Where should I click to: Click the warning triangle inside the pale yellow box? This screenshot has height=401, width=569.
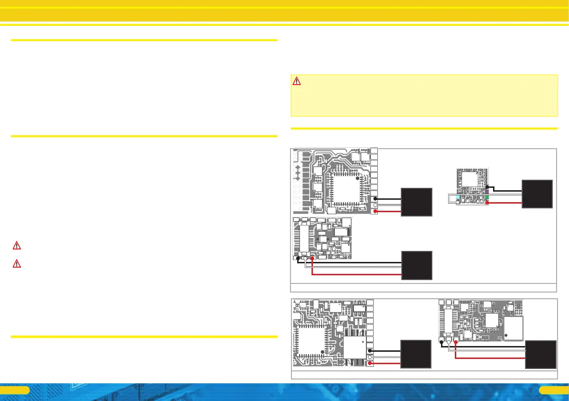tap(297, 81)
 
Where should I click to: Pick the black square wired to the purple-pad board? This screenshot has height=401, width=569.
tap(537, 194)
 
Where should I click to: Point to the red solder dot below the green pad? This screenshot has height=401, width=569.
tap(486, 203)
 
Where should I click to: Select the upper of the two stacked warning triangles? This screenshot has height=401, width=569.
tap(17, 246)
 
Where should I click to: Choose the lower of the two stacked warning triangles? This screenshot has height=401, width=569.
tap(17, 263)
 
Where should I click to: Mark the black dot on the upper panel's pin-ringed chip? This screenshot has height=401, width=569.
tap(357, 178)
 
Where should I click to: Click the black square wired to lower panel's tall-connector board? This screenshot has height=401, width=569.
tap(541, 354)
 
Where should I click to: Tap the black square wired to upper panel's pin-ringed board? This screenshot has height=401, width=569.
tap(417, 202)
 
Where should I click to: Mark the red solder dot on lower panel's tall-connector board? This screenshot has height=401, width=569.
tap(456, 342)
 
